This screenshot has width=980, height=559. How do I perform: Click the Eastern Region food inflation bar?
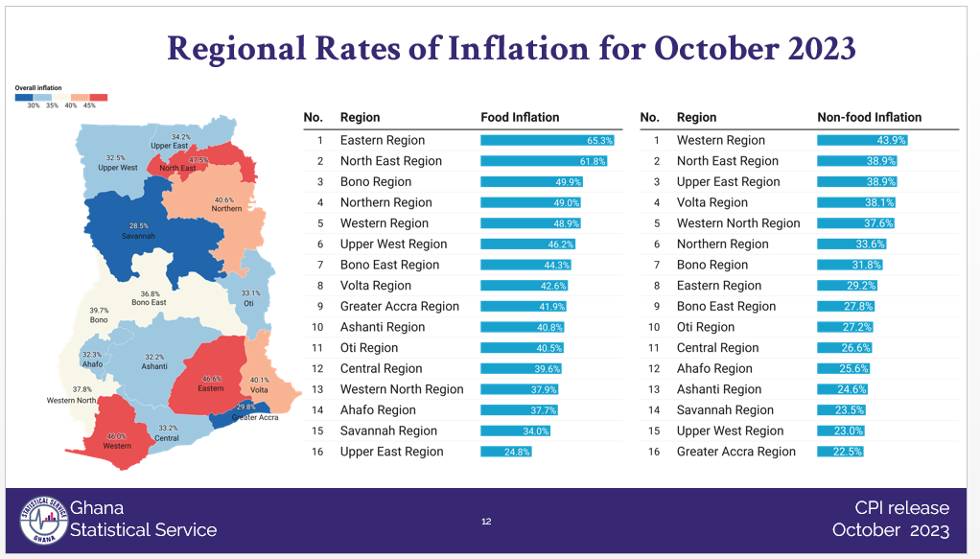pos(547,140)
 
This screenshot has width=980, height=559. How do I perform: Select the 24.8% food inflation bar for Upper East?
pos(505,452)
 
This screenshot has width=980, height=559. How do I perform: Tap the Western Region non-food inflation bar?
pos(861,140)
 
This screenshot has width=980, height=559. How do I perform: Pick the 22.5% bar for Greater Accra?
pos(840,452)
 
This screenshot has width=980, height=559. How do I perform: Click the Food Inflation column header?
pos(520,117)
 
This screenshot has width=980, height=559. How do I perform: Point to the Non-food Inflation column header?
pos(869,117)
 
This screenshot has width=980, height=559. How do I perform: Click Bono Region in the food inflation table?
pos(376,182)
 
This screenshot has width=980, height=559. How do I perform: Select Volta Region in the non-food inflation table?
pos(712,202)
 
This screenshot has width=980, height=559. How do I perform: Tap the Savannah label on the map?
pos(138,235)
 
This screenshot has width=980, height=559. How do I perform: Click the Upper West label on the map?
pos(117,168)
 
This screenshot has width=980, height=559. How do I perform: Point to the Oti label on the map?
pos(249,303)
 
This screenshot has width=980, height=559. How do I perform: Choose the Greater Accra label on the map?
pos(255,417)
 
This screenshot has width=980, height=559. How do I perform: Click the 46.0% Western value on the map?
pos(116,436)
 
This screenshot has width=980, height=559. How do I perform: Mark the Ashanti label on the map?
pos(154,366)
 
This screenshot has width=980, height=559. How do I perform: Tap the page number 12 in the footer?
pos(486,522)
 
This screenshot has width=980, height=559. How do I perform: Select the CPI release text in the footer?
pos(901,508)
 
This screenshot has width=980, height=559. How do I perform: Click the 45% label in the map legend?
pos(89,105)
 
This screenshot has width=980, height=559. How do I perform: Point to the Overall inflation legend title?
pos(38,87)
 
